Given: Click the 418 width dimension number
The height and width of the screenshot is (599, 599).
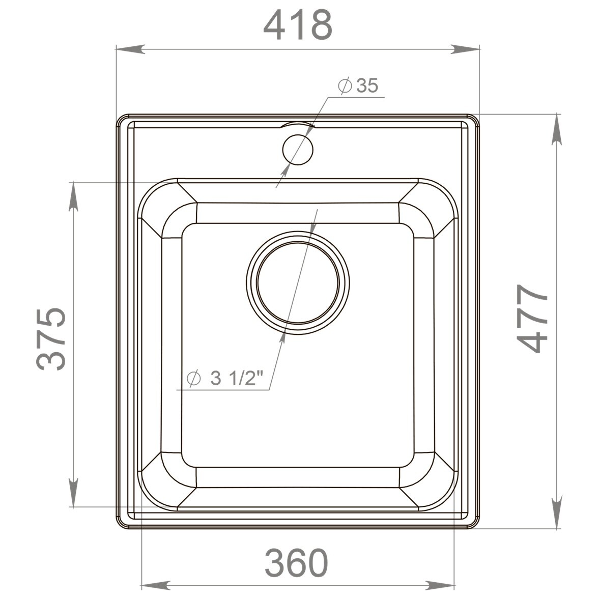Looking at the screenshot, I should coord(298,25).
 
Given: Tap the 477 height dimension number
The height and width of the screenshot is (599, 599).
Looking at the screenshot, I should coord(532,319).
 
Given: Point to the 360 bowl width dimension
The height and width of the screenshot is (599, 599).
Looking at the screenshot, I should coord(297,563).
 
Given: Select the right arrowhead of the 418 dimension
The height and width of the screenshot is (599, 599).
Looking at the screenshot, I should coord(466,49).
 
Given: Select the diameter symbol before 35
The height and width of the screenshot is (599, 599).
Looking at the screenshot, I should coord(345,86).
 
